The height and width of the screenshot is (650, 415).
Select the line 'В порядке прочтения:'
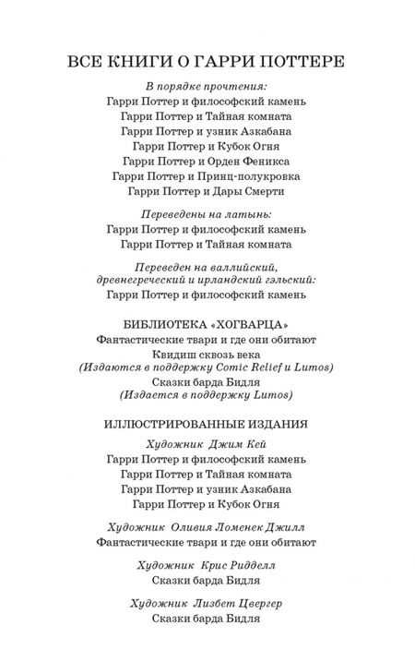pyautogui.click(x=207, y=86)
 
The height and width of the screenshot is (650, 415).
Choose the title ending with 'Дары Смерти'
pyautogui.click(x=207, y=191)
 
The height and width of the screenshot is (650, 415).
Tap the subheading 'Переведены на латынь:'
pyautogui.click(x=207, y=213)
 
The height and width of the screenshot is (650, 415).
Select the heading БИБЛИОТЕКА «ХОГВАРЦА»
pyautogui.click(x=207, y=324)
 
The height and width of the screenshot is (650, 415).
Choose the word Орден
pyautogui.click(x=207, y=156)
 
